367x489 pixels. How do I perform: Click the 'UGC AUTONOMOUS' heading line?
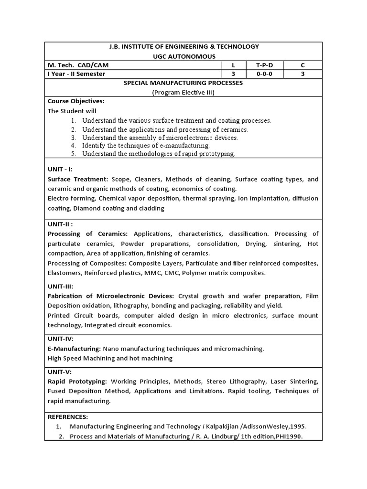183,56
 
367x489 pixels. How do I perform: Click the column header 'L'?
233,65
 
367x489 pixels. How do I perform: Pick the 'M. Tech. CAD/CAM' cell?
81,65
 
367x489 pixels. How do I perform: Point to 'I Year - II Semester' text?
76,74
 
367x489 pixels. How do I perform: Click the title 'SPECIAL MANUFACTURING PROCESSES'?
183,83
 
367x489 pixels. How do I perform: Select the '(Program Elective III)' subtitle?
183,92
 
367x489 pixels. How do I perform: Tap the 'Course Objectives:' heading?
76,101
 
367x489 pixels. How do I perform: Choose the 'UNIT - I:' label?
60,170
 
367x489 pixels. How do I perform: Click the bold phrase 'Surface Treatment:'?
78,180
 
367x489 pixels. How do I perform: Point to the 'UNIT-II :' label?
61,224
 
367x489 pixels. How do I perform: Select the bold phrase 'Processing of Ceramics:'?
87,234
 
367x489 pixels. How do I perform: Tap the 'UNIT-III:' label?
61,287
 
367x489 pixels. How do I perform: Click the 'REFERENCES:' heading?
68,417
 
